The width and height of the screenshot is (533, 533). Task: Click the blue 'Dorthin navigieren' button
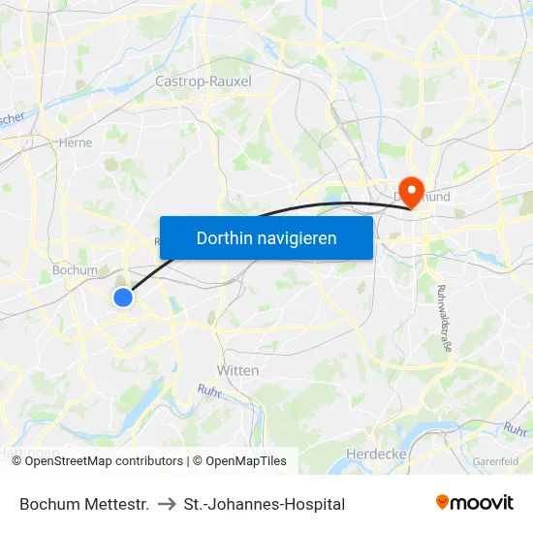coord(266,237)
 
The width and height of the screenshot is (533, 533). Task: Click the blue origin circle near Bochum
coord(123,298)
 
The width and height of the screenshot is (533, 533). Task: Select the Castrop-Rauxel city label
coord(204,81)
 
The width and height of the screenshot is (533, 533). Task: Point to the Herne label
coord(77,142)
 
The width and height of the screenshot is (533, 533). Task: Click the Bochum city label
coord(75,270)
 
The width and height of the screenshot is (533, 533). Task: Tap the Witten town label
coord(237,371)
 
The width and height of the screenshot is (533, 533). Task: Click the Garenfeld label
coord(495,461)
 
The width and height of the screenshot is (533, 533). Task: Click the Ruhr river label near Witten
coord(209,391)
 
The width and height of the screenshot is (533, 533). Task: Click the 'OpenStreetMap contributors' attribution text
coord(104,461)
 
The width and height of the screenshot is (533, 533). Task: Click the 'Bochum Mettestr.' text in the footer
coord(84,504)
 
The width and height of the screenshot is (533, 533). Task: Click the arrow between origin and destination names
coord(166,504)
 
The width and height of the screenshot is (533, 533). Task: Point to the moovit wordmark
coord(483,503)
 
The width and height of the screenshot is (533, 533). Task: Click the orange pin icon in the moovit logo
coord(443,502)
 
